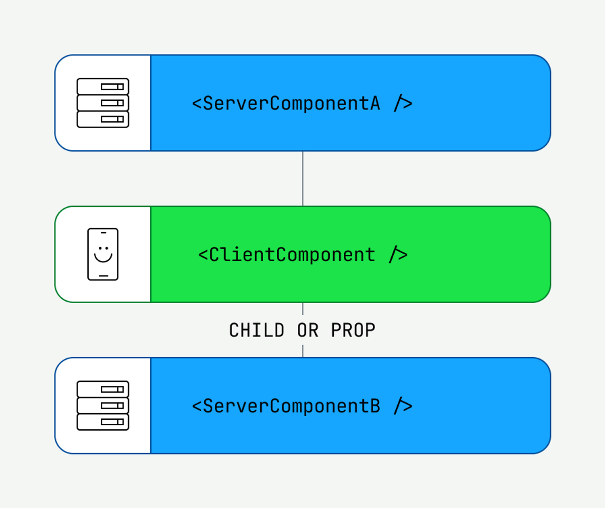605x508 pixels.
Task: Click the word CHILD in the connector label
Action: click(x=257, y=330)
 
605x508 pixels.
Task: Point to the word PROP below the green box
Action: click(x=353, y=330)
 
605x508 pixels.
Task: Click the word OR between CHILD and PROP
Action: click(x=308, y=330)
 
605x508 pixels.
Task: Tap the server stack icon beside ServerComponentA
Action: click(x=103, y=103)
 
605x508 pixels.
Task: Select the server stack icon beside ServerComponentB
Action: click(x=103, y=406)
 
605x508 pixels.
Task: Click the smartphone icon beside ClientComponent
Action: click(x=103, y=254)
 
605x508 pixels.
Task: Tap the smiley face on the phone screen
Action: click(x=103, y=254)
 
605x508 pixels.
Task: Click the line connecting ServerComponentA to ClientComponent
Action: click(x=302, y=178)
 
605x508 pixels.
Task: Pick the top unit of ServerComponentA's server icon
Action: click(x=103, y=86)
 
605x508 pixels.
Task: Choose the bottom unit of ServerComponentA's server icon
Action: click(x=103, y=119)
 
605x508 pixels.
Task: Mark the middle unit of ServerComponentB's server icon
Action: click(x=103, y=406)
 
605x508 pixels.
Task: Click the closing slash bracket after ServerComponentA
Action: click(x=403, y=103)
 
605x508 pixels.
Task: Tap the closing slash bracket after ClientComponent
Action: click(x=398, y=255)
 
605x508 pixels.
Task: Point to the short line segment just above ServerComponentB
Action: click(x=302, y=351)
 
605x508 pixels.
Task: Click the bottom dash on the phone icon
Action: click(x=103, y=276)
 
